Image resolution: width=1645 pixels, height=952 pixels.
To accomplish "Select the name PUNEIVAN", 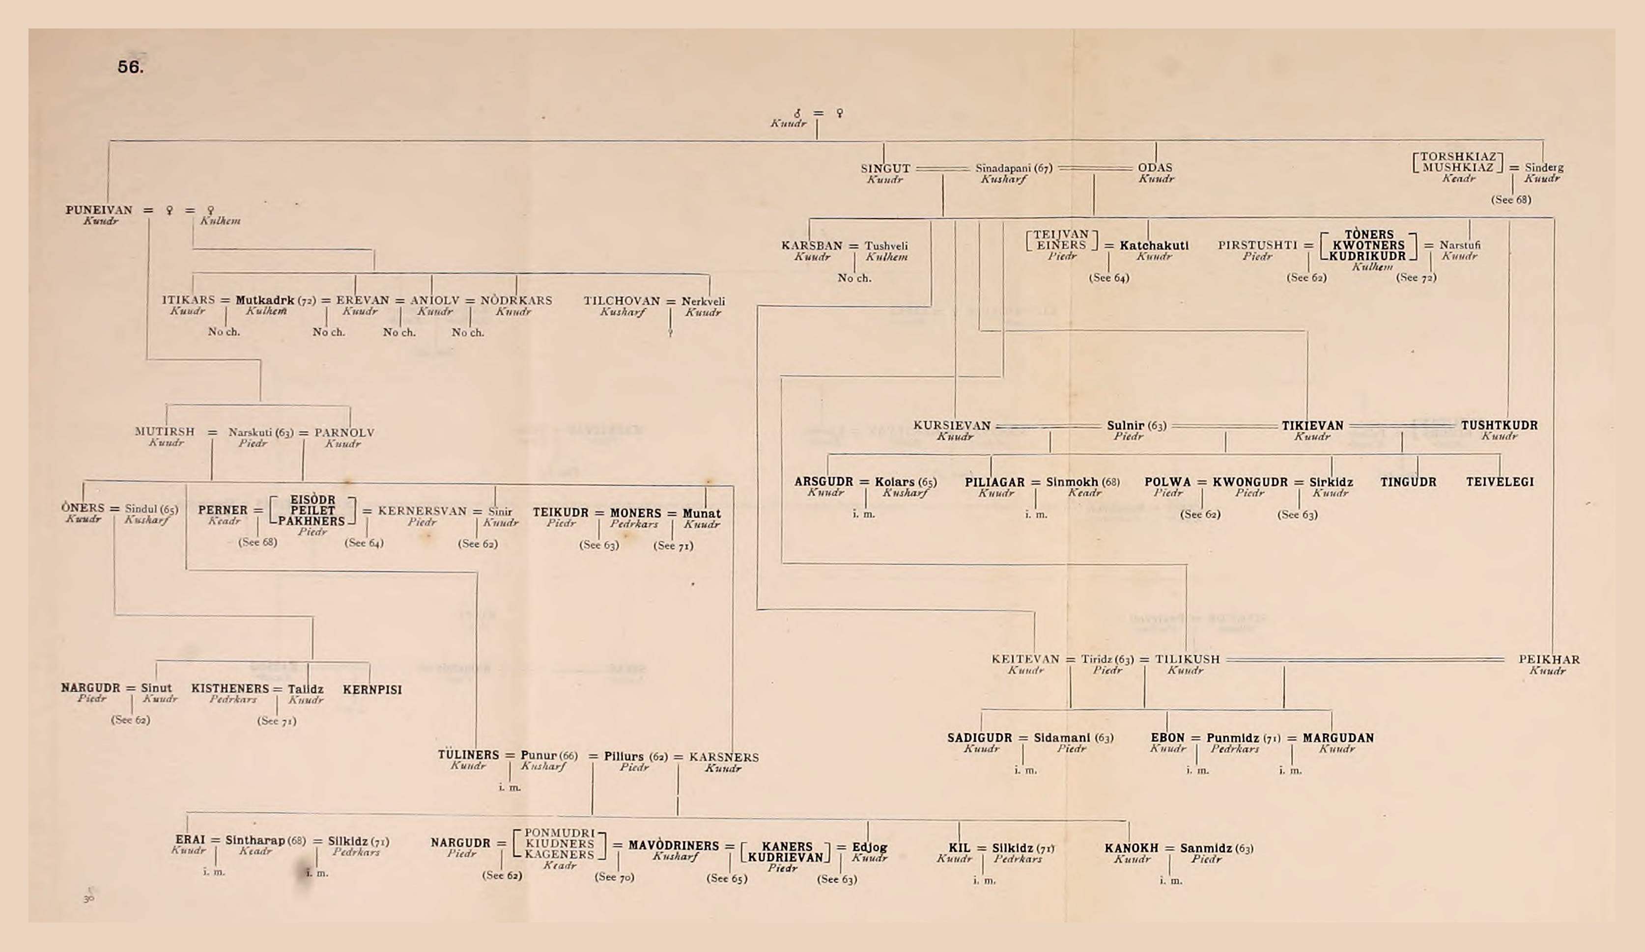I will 99,210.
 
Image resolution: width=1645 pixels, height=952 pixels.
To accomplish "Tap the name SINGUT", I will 885,168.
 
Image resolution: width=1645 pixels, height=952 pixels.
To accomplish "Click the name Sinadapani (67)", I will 1014,168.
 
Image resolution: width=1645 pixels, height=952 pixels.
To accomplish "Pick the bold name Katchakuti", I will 1154,246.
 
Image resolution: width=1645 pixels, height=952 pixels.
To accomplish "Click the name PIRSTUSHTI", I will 1257,245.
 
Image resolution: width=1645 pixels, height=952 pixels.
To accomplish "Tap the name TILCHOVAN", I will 622,301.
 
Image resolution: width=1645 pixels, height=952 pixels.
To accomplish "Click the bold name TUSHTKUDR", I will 1499,426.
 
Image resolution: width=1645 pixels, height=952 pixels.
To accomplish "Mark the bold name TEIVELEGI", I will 1500,482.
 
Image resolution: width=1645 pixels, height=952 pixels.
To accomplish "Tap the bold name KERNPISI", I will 372,690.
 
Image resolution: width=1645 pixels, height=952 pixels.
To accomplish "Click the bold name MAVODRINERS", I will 673,845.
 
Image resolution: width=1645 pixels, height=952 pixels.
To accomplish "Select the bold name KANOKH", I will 1131,848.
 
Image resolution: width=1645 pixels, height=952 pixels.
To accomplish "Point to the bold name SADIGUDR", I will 979,738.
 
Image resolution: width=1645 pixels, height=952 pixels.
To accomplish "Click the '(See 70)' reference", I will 614,877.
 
